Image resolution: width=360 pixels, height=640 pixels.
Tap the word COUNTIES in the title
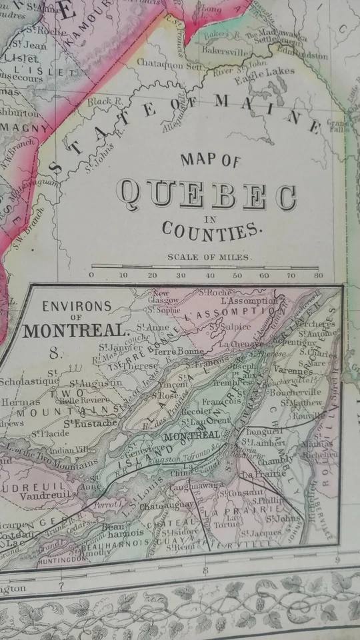[209, 230]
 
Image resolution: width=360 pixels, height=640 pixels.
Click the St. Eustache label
[91, 422]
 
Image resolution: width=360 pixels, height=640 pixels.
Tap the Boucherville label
[303, 391]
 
